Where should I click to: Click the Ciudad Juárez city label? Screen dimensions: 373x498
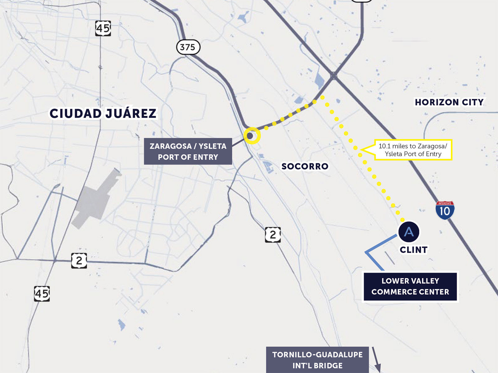[x=103, y=113]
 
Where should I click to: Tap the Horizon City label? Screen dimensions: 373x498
[x=449, y=102]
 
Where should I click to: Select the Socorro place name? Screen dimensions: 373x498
[x=305, y=166]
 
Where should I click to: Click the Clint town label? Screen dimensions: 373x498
[x=414, y=250]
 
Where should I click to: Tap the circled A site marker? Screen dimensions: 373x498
[x=409, y=232]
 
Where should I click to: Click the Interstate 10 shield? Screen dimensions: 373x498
[x=445, y=210]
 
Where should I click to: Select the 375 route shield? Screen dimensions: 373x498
[x=188, y=47]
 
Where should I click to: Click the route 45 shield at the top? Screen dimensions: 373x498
[x=103, y=29]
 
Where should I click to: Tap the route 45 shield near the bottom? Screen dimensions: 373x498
[x=42, y=294]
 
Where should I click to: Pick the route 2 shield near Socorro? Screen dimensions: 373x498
[x=273, y=235]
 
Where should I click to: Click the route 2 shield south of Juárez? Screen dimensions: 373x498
[x=79, y=260]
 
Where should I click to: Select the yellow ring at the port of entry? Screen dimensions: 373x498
[x=252, y=136]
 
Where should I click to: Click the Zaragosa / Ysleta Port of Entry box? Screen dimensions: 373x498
[x=188, y=151]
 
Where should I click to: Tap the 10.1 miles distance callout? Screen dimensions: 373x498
[x=412, y=150]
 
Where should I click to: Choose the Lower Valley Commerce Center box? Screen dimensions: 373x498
[x=410, y=287]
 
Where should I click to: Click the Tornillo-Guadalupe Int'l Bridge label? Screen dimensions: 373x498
[x=317, y=360]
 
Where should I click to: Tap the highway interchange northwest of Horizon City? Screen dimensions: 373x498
[x=334, y=75]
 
